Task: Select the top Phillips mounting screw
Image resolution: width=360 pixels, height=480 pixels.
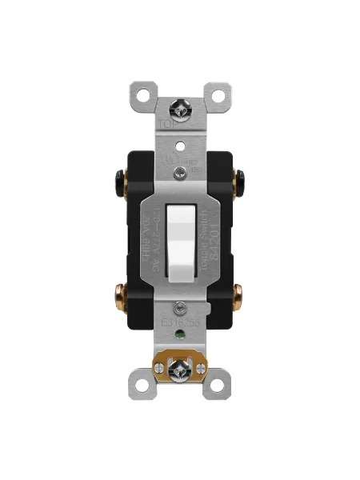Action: tap(180, 107)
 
